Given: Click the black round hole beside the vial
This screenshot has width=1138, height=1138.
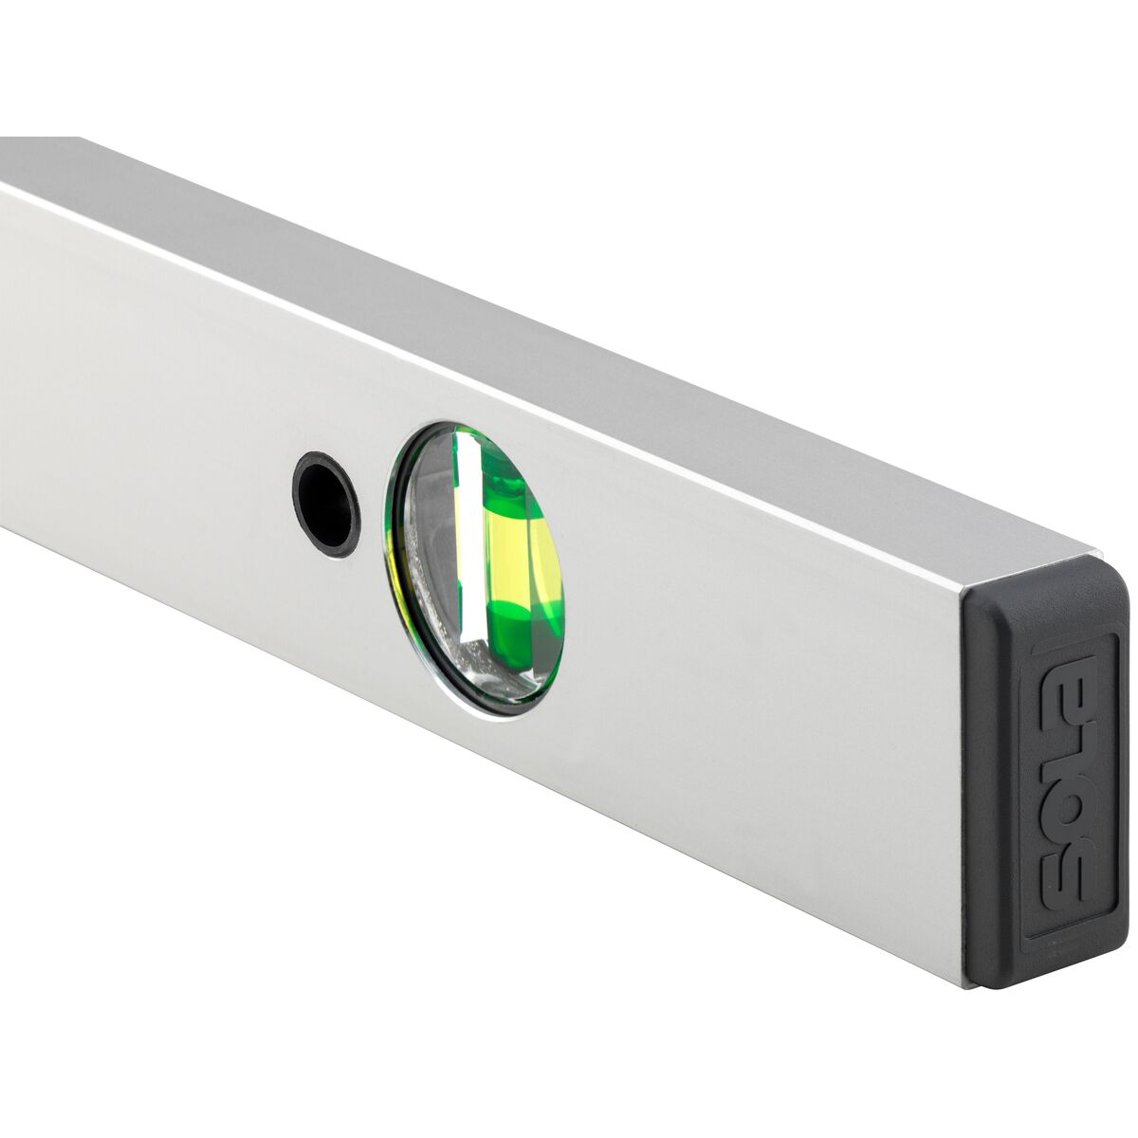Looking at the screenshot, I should coord(326,503).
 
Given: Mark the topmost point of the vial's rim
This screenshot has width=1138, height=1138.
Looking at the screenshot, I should coord(453,424).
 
